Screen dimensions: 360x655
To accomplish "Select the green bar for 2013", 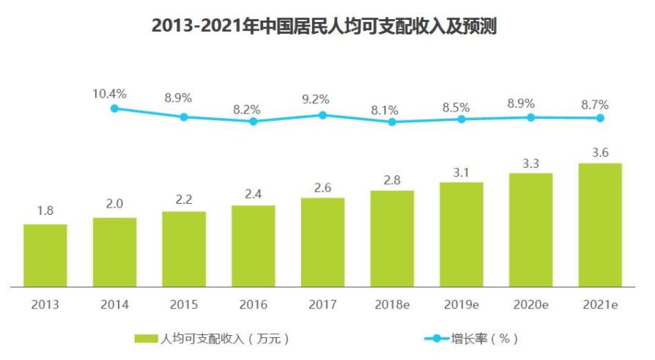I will point(45,255).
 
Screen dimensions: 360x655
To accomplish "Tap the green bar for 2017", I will point(322,242).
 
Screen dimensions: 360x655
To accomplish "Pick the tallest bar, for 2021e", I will point(600,224).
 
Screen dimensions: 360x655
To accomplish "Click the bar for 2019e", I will point(462,234).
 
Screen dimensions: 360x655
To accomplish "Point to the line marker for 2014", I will point(114,109).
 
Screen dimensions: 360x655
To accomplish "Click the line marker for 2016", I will point(254,121).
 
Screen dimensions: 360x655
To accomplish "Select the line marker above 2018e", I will point(392,122).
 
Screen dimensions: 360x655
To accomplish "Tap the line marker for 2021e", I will point(600,118).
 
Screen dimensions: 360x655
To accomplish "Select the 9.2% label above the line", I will point(316,99).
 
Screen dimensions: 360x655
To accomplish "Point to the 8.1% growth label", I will point(385,110).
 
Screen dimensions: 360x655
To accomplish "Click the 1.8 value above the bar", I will point(45,211).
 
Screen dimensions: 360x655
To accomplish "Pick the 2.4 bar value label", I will point(254,194).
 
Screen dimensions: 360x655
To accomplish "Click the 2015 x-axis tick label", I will point(184,304).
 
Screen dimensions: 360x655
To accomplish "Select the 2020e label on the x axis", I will point(530,304).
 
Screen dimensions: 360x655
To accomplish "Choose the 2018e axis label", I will point(392,304).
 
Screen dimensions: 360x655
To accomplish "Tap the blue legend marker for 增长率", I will point(437,339).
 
